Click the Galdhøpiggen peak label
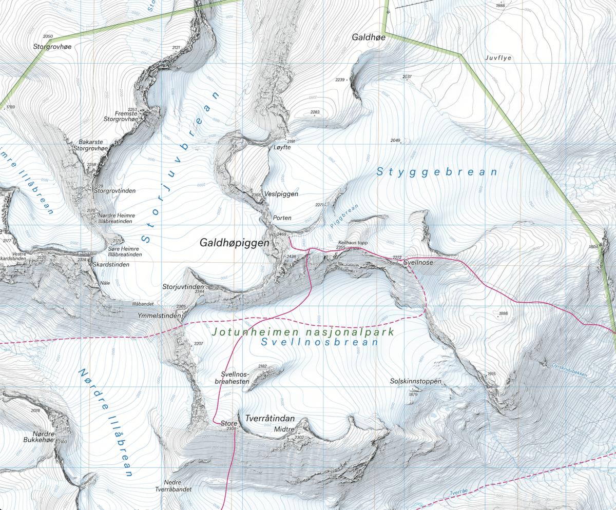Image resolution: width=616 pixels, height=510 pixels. [234, 243]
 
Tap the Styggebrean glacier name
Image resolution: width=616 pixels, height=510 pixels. [437, 172]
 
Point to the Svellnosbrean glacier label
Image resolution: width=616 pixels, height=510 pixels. [319, 342]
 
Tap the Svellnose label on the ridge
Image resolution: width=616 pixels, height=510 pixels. [418, 262]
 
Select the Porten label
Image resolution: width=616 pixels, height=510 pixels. [282, 218]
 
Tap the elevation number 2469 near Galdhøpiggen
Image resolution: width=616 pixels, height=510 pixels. [281, 234]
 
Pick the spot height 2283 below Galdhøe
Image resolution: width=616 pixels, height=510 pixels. [315, 112]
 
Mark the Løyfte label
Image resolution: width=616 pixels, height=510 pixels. [282, 147]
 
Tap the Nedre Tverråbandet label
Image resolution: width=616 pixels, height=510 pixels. [178, 486]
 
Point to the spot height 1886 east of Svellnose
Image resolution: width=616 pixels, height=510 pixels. [503, 313]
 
